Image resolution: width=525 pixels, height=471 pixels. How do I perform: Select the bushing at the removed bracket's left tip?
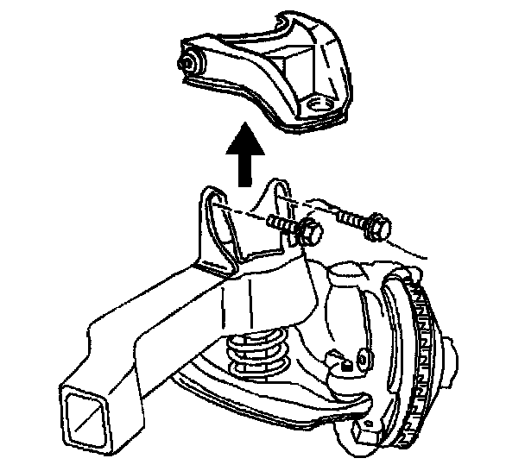[187, 64]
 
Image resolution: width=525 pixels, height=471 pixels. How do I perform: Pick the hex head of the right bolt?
[376, 226]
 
